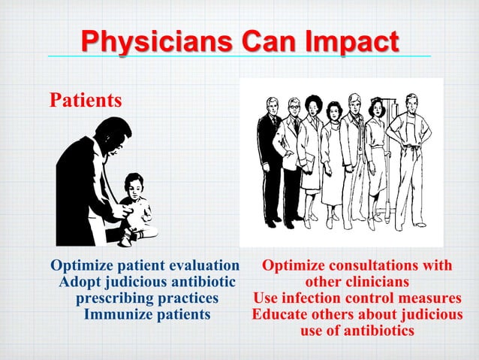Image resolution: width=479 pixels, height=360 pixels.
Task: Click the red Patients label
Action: [x=85, y=100]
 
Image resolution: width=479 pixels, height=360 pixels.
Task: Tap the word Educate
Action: [x=279, y=314]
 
